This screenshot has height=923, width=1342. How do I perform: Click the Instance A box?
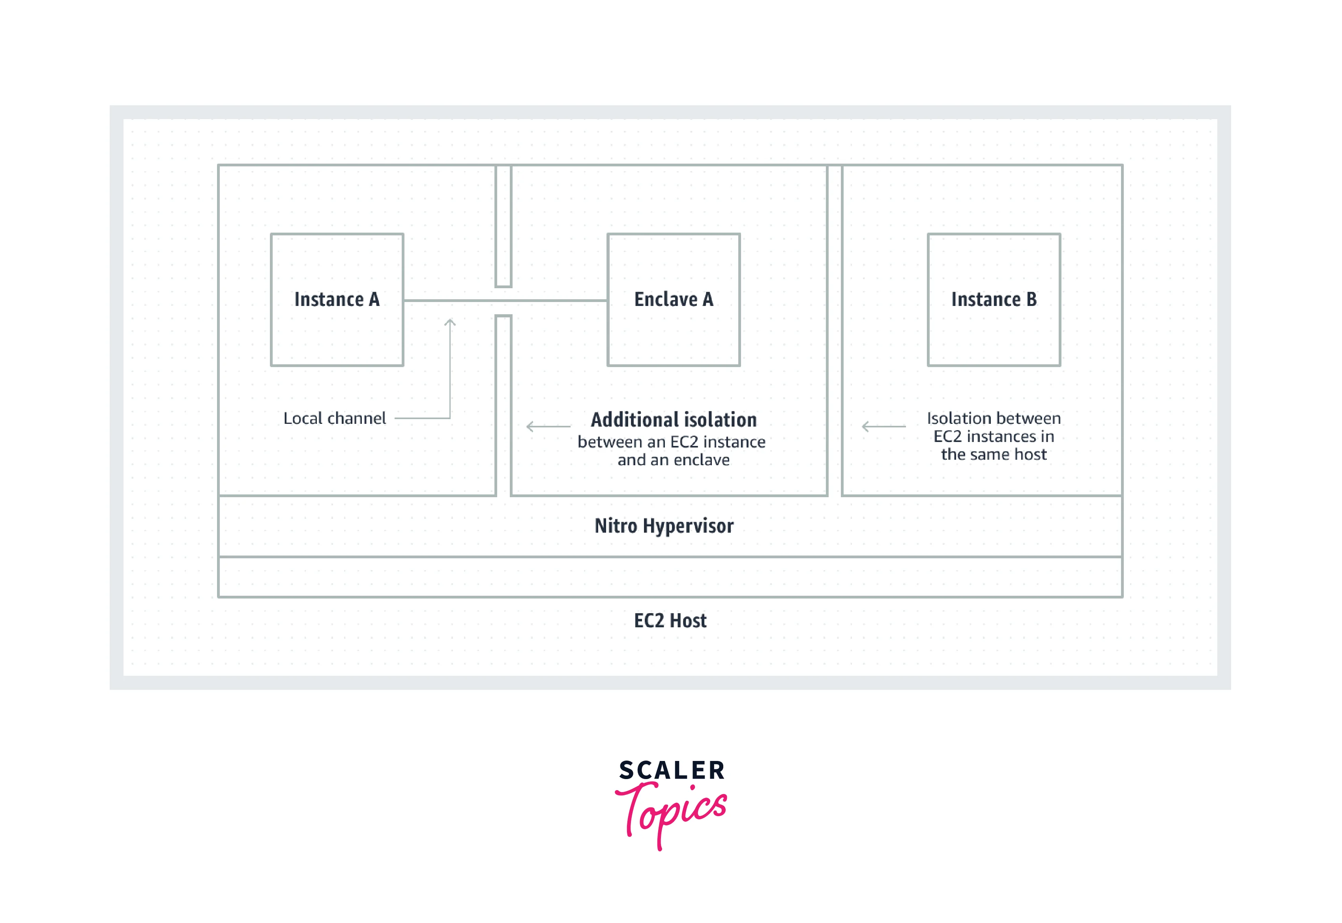[337, 300]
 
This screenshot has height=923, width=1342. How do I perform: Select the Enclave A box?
[673, 300]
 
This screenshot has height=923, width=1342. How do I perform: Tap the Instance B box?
[994, 300]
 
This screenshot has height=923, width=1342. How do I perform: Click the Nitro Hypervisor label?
[664, 526]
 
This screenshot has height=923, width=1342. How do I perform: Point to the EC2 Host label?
[670, 621]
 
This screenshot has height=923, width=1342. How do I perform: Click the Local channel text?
[335, 418]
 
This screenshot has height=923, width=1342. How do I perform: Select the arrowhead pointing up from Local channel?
[450, 322]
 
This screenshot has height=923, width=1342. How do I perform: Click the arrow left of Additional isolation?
[547, 427]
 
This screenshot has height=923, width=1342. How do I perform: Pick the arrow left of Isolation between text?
[883, 427]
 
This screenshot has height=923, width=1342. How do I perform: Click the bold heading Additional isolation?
[674, 419]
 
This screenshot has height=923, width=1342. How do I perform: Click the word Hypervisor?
[688, 526]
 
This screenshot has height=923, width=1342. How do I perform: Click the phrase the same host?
[994, 455]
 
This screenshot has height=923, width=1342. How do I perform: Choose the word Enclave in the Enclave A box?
[666, 300]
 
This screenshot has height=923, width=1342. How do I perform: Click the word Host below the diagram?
[688, 621]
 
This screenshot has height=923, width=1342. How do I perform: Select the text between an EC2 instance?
[671, 442]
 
